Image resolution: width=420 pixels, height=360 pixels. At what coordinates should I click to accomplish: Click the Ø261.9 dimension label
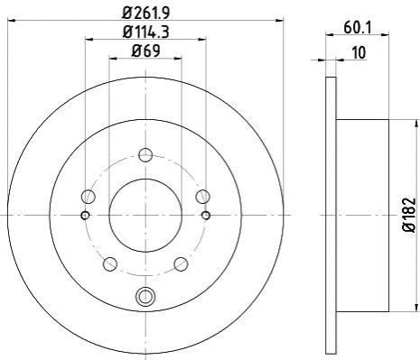coord(145,13)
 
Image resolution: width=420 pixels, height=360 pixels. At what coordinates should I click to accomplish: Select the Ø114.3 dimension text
coord(145,32)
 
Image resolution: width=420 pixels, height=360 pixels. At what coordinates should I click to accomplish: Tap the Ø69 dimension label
coord(145,51)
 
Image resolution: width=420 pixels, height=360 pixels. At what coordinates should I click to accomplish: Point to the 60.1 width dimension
coord(358,28)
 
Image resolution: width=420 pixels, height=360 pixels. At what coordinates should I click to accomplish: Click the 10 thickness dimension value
coord(359,52)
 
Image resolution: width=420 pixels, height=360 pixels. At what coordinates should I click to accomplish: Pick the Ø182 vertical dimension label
coord(409,215)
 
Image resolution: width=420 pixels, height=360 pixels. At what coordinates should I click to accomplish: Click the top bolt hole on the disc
coord(145,155)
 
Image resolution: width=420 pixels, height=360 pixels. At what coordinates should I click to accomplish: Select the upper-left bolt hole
coord(89,197)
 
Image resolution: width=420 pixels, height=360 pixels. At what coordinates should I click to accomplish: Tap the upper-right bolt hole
coord(202,197)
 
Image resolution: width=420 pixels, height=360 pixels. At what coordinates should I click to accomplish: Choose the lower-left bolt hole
coord(110,263)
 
